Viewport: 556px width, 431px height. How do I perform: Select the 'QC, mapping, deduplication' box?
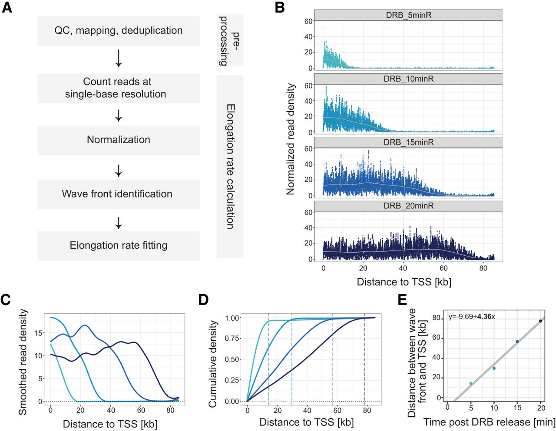pyautogui.click(x=118, y=31)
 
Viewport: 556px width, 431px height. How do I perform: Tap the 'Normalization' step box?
pyautogui.click(x=118, y=140)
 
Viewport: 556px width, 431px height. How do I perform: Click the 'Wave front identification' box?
pyautogui.click(x=118, y=194)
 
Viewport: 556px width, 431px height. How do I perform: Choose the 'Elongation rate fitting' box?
pyautogui.click(x=118, y=246)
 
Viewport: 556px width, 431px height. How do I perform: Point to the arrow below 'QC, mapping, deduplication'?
pyautogui.click(x=118, y=59)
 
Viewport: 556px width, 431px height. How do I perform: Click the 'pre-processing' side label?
pyautogui.click(x=230, y=40)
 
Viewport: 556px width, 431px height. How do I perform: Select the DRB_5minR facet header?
pyautogui.click(x=408, y=15)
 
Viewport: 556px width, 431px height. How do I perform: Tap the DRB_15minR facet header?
pyautogui.click(x=408, y=142)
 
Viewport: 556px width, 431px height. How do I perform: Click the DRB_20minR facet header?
pyautogui.click(x=408, y=206)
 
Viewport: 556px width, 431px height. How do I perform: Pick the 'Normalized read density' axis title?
pyautogui.click(x=291, y=139)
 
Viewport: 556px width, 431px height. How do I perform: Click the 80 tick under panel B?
pyautogui.click(x=483, y=269)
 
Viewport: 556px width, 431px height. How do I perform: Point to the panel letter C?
pyautogui.click(x=6, y=300)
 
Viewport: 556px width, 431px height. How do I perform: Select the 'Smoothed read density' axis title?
pyautogui.click(x=23, y=362)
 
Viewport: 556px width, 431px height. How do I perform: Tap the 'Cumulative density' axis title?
pyautogui.click(x=212, y=364)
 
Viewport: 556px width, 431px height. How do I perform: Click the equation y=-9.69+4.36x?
pyautogui.click(x=471, y=317)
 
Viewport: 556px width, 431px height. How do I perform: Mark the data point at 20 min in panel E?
pyautogui.click(x=540, y=321)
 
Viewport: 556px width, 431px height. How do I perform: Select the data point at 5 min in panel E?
pyautogui.click(x=471, y=383)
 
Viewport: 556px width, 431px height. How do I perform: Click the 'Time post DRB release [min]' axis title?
pyautogui.click(x=490, y=422)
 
